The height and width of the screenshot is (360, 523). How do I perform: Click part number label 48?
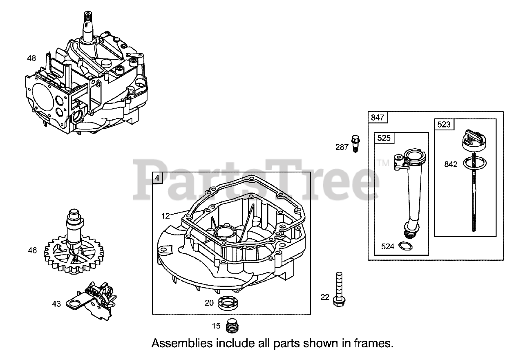[x=31, y=58]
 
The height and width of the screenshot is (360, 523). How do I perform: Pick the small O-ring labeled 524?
[x=405, y=246]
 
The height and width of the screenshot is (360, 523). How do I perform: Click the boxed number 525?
[x=384, y=138]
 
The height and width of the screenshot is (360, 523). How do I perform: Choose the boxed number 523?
[x=444, y=125]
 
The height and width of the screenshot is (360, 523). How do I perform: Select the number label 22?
[x=325, y=297]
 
